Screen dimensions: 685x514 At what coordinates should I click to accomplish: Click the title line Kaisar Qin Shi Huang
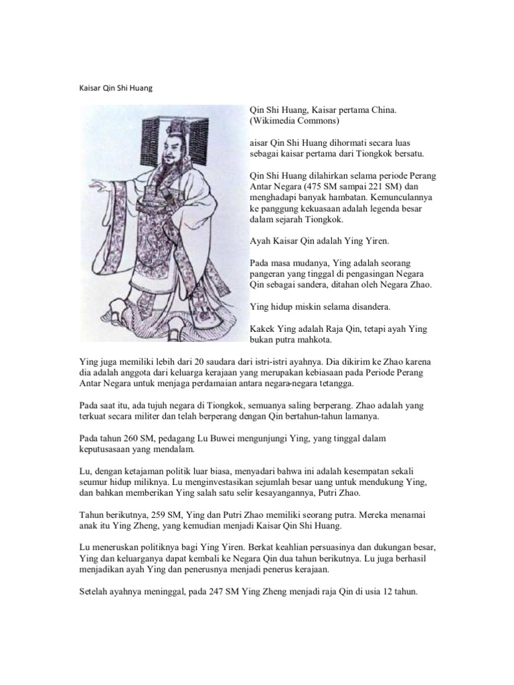(x=116, y=88)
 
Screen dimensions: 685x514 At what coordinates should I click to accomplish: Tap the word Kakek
(x=262, y=329)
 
